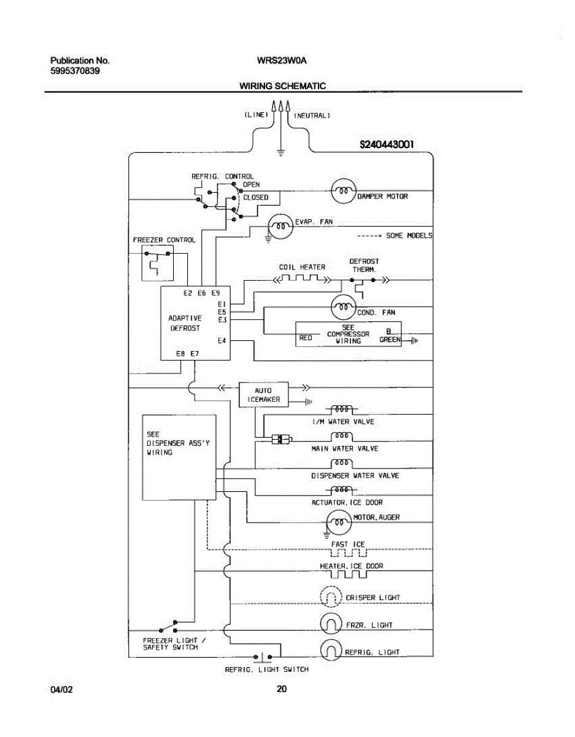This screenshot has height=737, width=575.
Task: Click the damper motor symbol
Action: (x=344, y=192)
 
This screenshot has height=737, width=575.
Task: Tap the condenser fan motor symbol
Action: (x=344, y=306)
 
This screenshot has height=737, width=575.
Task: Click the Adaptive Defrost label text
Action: (x=185, y=323)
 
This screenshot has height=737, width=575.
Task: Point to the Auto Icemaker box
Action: (x=263, y=395)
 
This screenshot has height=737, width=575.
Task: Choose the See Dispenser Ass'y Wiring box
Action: (x=179, y=457)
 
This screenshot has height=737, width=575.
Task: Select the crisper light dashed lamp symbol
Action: (x=330, y=597)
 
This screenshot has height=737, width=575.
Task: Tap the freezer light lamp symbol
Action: (x=330, y=625)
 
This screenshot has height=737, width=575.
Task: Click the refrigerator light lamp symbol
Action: (x=330, y=651)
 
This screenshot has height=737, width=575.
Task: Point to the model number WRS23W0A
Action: (x=282, y=61)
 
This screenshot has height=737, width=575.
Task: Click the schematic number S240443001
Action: (x=387, y=145)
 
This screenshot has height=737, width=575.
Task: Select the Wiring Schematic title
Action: (x=282, y=86)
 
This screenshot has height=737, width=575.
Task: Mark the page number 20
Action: (x=282, y=689)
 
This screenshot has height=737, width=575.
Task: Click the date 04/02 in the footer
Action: (x=61, y=690)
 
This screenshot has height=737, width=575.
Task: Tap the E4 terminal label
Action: (x=222, y=340)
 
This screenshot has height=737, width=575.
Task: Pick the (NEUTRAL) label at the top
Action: (x=312, y=115)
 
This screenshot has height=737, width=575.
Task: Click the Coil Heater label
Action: (x=302, y=267)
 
